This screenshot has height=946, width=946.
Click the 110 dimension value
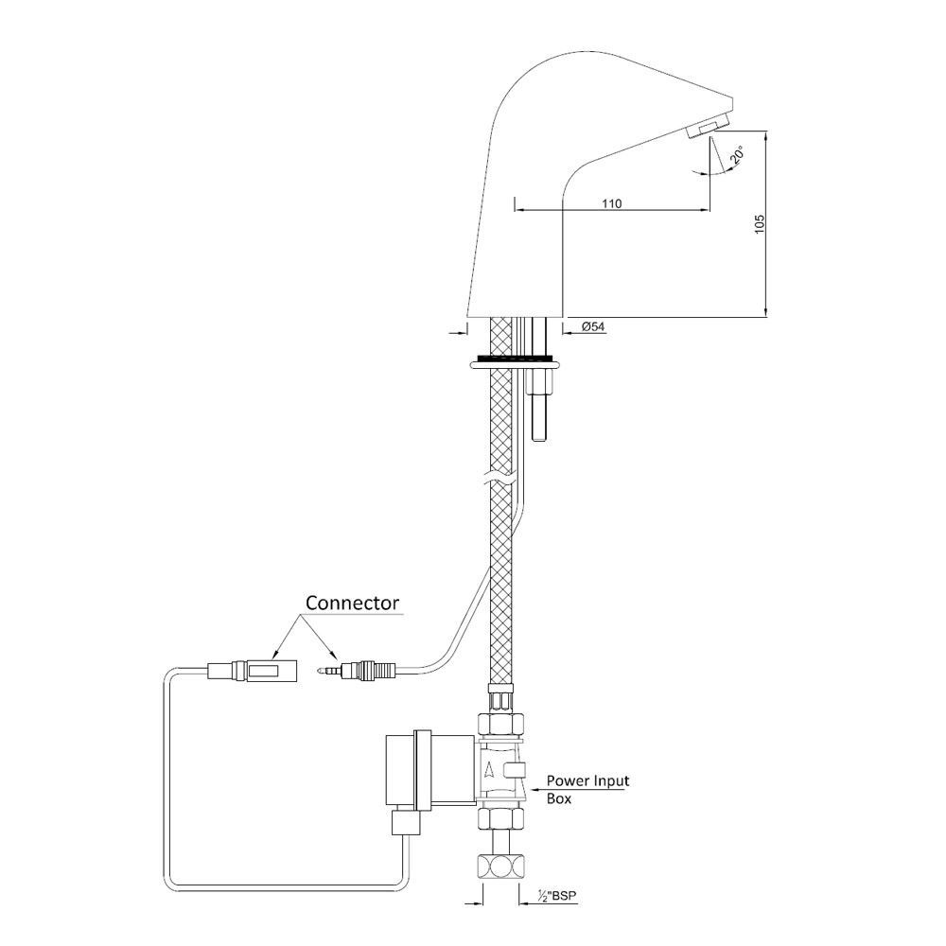pyautogui.click(x=610, y=201)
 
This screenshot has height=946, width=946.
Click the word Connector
pyautogui.click(x=352, y=603)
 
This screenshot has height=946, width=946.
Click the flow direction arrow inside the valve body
pyautogui.click(x=489, y=768)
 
